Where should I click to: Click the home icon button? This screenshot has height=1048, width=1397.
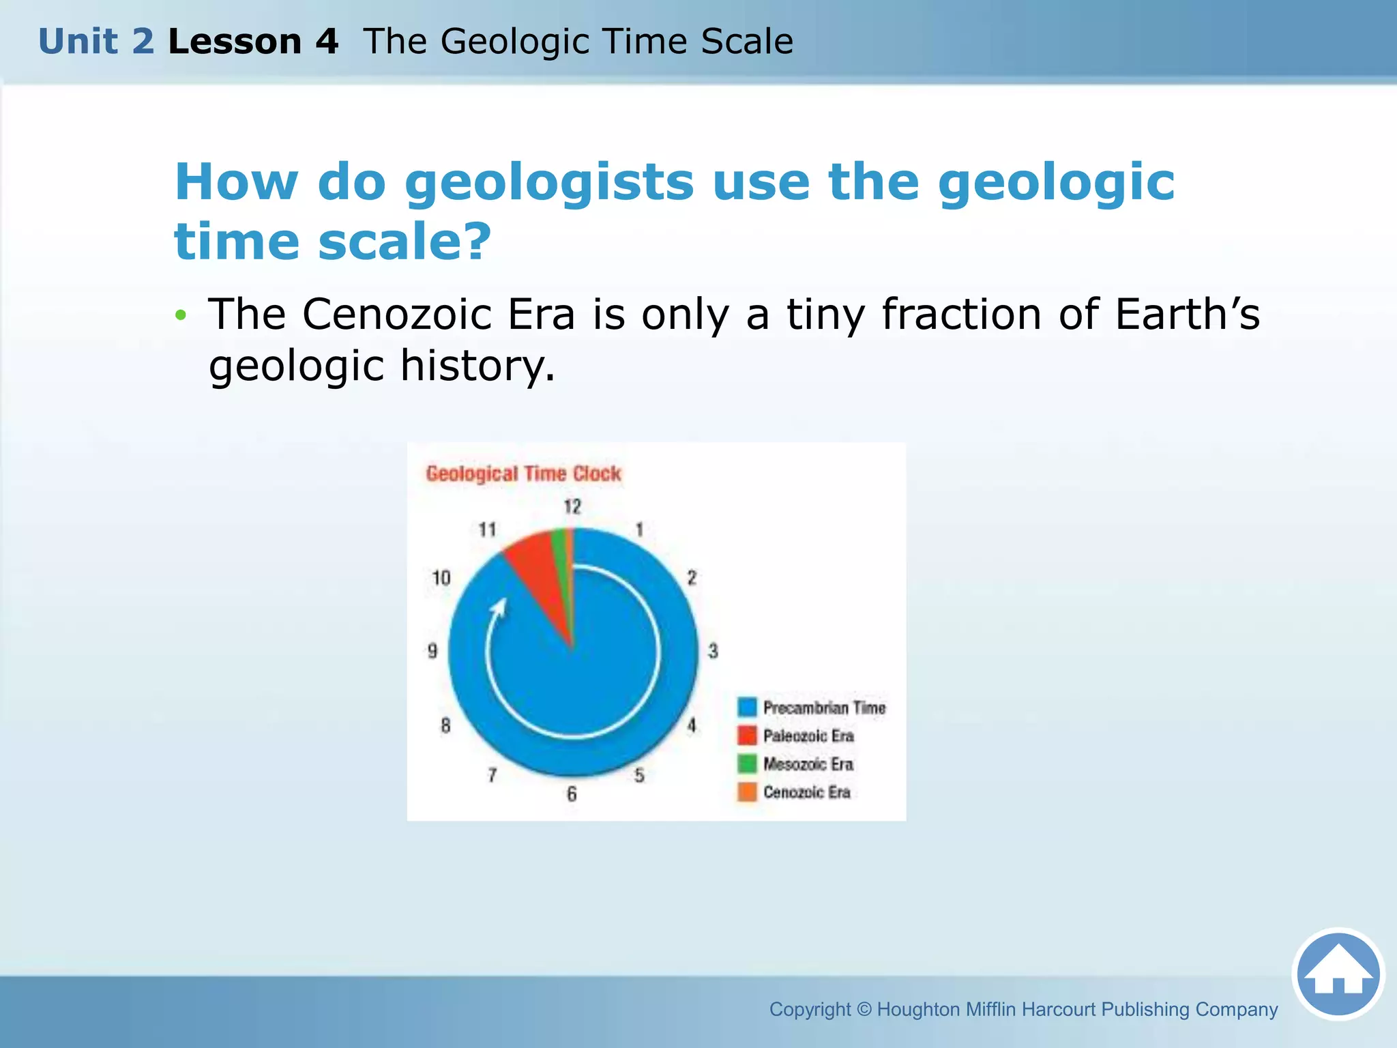click(1338, 974)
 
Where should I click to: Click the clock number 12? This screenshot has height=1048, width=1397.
click(572, 507)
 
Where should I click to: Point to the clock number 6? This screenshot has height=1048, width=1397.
click(572, 794)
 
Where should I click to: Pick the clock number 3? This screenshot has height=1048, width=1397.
click(713, 651)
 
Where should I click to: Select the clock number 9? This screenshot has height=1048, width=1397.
click(432, 651)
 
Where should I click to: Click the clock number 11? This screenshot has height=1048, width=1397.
click(487, 529)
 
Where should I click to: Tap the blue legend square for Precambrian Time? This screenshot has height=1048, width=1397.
click(748, 707)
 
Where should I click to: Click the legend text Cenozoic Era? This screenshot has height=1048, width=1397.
click(806, 792)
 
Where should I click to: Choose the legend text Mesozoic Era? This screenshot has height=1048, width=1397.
click(808, 764)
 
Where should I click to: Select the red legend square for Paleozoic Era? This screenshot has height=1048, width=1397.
click(748, 736)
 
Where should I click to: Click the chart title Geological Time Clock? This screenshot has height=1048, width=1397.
click(523, 474)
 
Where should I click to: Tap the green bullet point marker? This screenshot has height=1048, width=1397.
click(180, 315)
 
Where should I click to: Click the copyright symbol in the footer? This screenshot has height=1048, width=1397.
click(864, 1009)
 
